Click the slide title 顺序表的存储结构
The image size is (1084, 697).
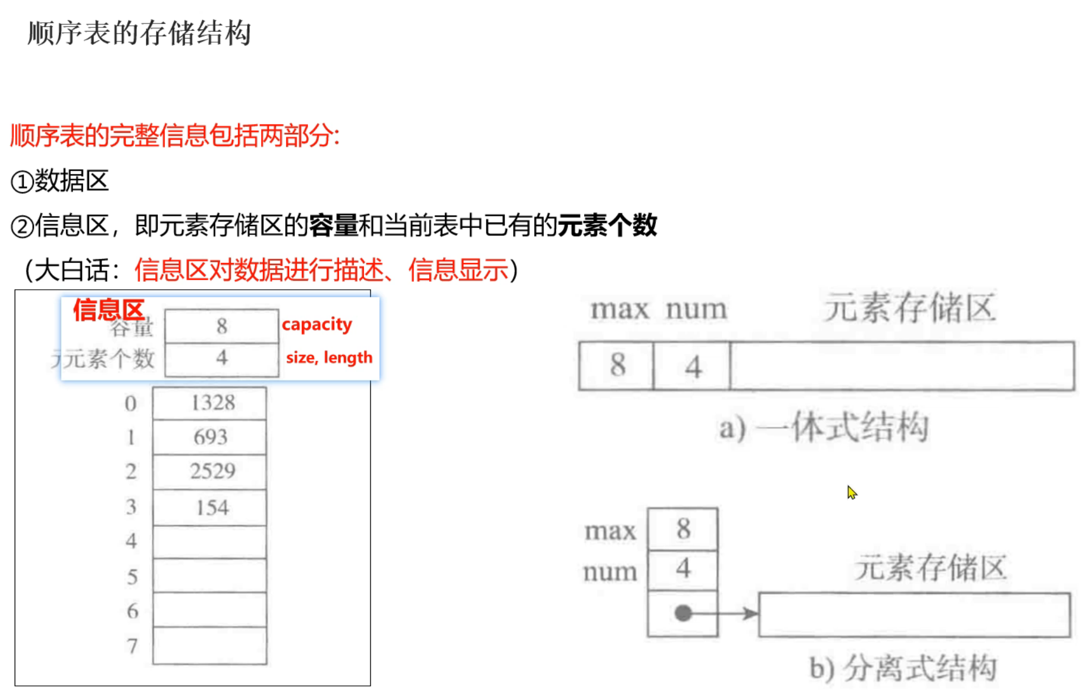pos(139,33)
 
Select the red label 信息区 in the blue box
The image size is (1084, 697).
pos(109,310)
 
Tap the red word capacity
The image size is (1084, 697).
pos(317,325)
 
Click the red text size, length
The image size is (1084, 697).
pos(329,357)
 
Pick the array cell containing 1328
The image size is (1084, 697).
pos(210,403)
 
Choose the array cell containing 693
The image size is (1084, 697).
pos(210,437)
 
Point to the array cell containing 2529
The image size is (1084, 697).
pos(210,471)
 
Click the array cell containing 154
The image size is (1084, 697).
pos(210,508)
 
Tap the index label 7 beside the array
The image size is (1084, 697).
pos(133,646)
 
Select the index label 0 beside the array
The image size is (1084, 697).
pos(130,404)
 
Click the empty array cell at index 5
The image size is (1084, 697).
pos(210,576)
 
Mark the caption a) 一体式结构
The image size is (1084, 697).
pos(824,428)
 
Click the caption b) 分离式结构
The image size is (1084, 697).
pos(903,668)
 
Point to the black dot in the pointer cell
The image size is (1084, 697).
pos(683,613)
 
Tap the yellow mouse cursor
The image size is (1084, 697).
pos(852,493)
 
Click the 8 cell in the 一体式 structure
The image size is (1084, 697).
pos(617,366)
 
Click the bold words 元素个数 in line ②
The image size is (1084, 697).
pos(607,226)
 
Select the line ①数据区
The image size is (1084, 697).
pos(60,181)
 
